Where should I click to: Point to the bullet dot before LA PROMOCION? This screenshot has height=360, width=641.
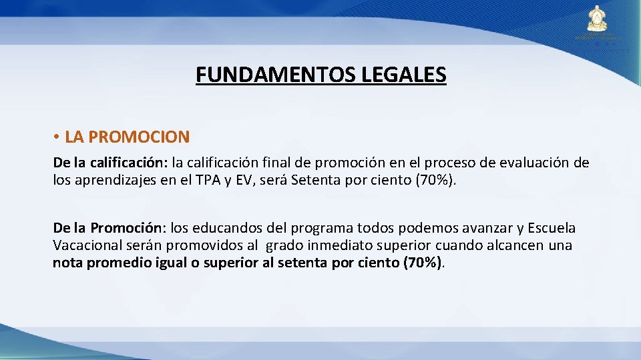[59, 138]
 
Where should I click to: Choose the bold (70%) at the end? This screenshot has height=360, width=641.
[423, 263]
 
